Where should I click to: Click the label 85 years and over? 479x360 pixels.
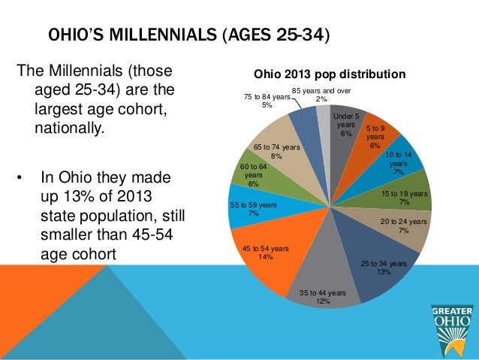click(321, 91)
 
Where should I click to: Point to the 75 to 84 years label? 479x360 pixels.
click(267, 97)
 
